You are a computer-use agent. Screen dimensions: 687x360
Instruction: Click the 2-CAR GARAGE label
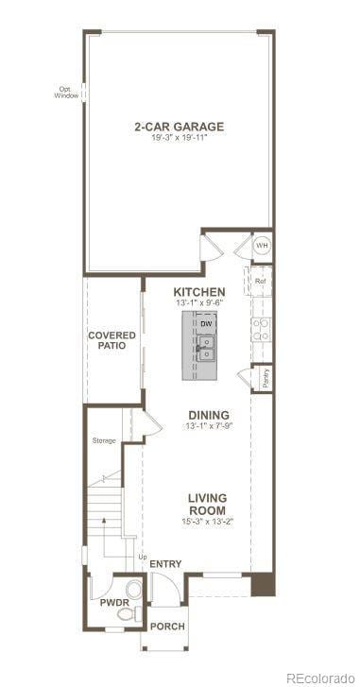179,126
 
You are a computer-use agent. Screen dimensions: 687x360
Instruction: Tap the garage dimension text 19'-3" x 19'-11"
179,138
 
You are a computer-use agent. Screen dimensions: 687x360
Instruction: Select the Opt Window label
66,93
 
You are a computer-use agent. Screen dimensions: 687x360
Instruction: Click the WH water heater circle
262,247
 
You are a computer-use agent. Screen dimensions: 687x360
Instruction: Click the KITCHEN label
198,291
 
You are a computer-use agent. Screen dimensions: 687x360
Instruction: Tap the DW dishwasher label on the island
205,323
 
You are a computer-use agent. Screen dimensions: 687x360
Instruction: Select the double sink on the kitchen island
206,348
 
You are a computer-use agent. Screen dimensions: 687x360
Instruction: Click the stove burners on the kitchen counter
261,329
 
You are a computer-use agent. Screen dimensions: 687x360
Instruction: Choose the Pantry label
266,377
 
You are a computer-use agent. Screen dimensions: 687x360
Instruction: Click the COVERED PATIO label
112,341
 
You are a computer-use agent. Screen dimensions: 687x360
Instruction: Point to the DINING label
208,414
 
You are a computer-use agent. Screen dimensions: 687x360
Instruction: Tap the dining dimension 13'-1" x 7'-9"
208,426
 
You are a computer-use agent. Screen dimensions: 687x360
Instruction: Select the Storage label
104,440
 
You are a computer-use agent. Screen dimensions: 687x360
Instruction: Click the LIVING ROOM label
206,504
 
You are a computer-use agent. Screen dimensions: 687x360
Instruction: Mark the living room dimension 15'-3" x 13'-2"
206,521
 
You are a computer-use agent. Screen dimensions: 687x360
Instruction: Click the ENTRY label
165,564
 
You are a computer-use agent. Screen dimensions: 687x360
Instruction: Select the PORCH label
167,627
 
